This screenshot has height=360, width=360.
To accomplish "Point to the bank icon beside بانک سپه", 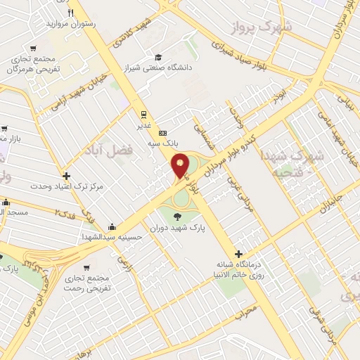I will (x=163, y=133).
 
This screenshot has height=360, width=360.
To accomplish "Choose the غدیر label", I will (x=143, y=127).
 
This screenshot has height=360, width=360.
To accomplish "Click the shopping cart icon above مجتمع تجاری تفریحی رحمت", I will (x=86, y=267).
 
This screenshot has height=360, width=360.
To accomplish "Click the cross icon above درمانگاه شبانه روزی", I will (x=239, y=254).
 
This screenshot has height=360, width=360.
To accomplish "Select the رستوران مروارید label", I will (x=70, y=24).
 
